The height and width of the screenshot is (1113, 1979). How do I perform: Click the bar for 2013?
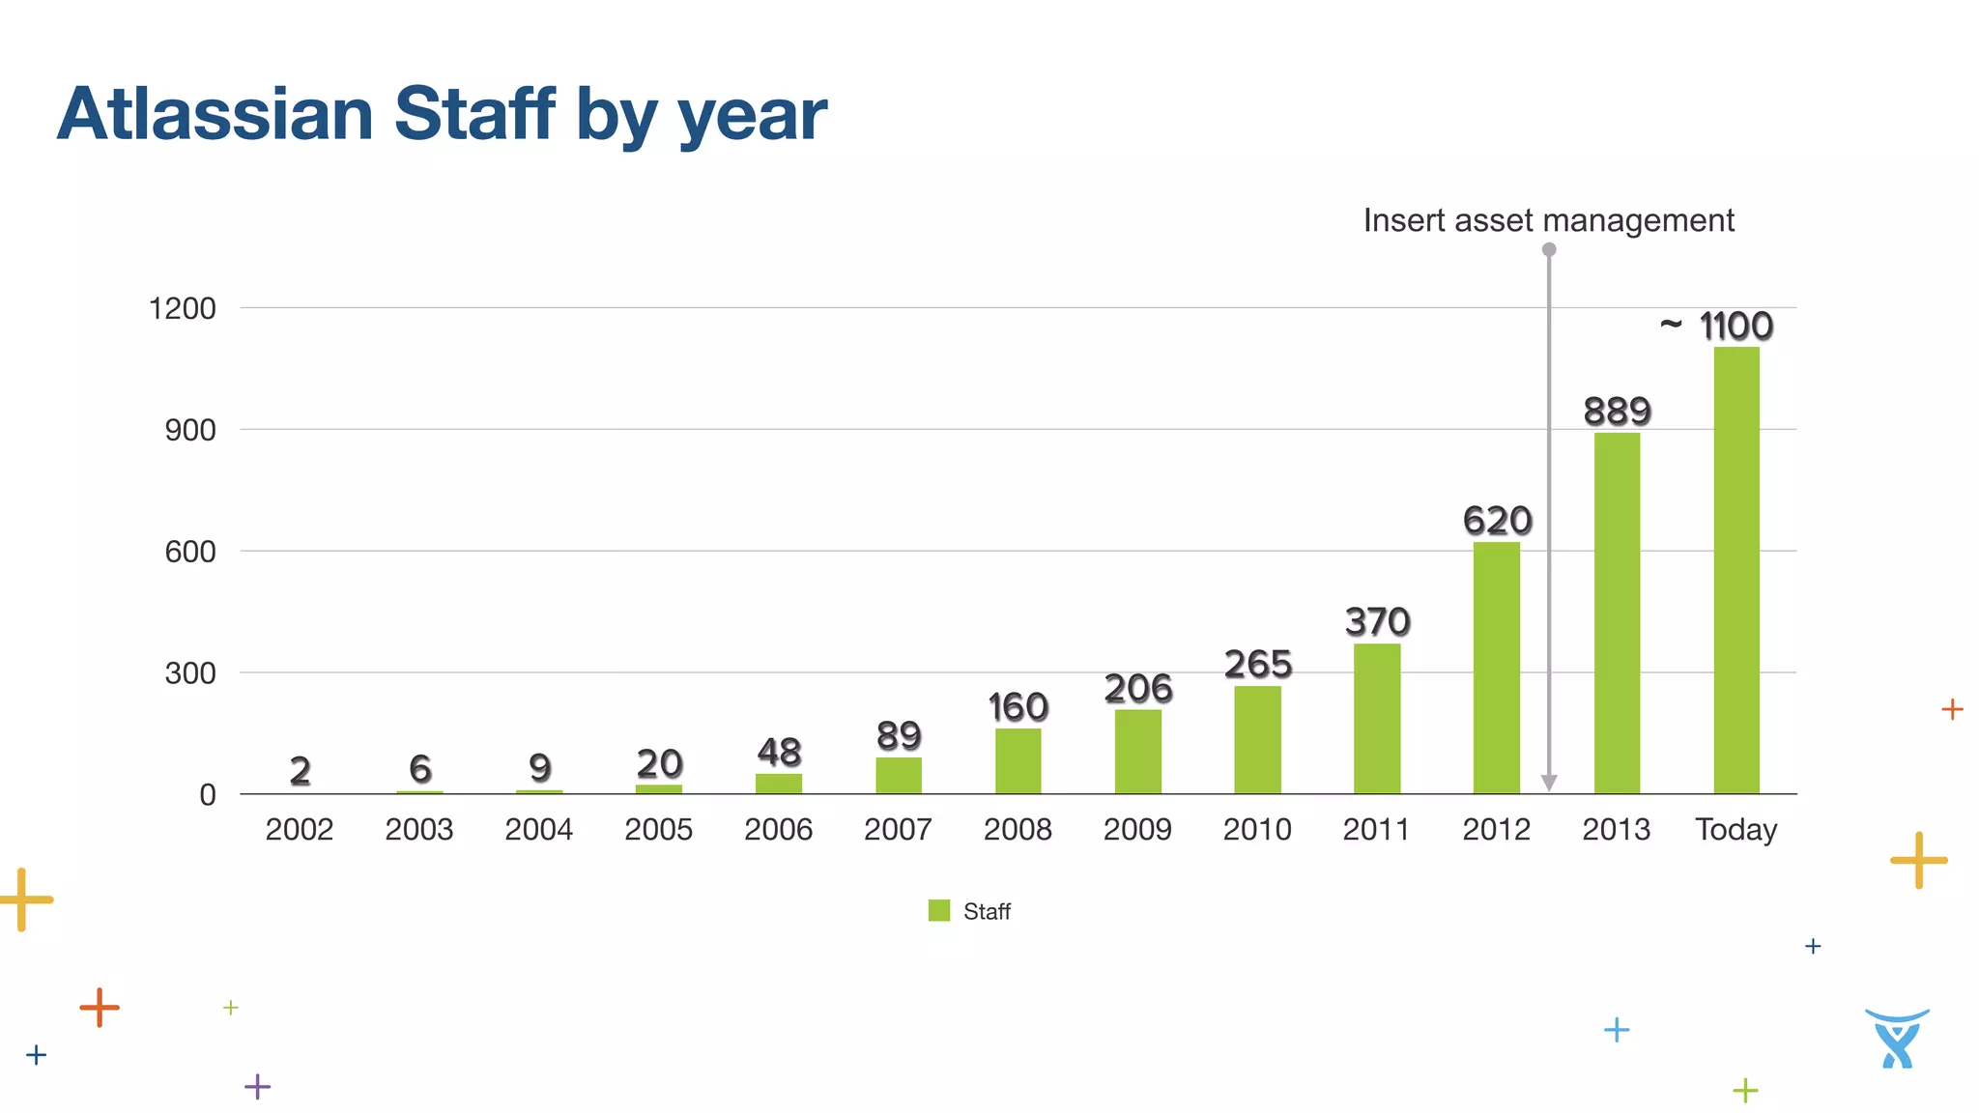(x=1617, y=614)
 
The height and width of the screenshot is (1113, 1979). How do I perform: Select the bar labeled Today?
(x=1736, y=570)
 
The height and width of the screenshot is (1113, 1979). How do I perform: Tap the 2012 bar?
(x=1496, y=668)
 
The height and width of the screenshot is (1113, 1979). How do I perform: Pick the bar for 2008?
(x=1018, y=760)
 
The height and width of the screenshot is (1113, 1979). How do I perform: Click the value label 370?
(x=1377, y=621)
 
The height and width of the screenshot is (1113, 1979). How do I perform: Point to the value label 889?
(x=1617, y=412)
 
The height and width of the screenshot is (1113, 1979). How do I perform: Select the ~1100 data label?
(x=1717, y=327)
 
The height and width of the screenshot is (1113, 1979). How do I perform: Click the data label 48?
(x=779, y=752)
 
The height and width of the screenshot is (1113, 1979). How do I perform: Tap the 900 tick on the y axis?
(x=190, y=430)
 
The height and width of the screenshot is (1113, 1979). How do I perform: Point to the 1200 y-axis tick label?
(x=182, y=309)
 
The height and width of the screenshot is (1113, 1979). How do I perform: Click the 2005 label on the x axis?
(x=658, y=829)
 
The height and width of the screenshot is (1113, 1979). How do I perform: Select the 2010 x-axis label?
(x=1256, y=829)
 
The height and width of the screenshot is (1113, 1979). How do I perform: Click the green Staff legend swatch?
(x=938, y=910)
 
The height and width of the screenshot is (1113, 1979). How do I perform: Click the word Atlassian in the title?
(x=215, y=114)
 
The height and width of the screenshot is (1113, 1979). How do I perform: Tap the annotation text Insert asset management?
(x=1548, y=220)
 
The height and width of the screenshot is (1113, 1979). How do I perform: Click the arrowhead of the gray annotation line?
(x=1548, y=783)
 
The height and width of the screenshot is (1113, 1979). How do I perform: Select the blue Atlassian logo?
(x=1896, y=1039)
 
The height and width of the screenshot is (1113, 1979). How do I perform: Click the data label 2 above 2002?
(x=300, y=770)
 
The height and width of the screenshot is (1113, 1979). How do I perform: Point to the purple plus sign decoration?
(x=257, y=1087)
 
